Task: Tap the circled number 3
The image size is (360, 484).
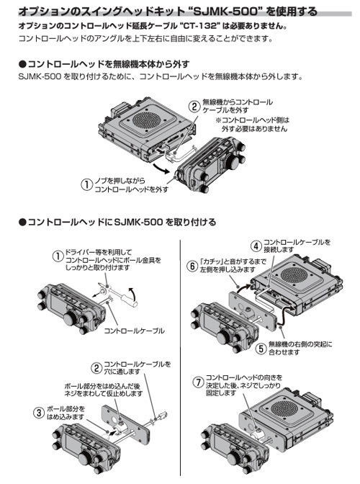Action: tap(38, 413)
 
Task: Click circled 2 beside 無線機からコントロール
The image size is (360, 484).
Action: tap(194, 106)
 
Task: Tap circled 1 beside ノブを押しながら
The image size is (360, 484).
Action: tap(86, 184)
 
